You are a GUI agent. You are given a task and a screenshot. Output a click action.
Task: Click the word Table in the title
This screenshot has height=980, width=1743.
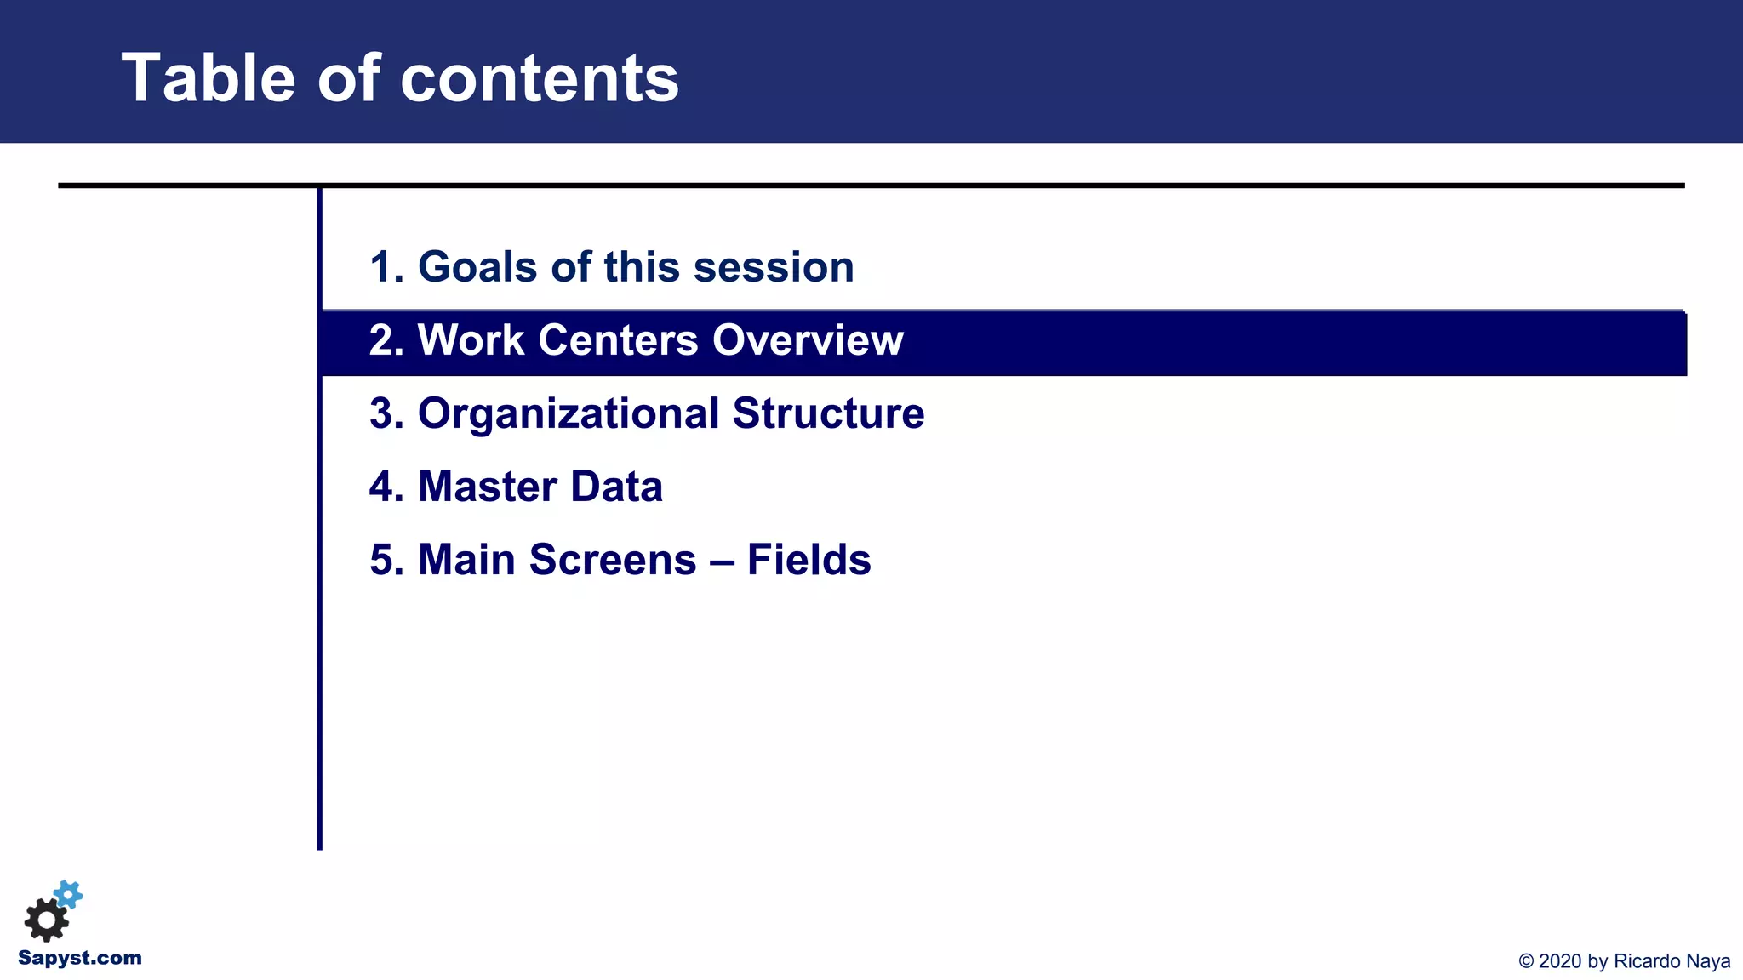click(x=209, y=78)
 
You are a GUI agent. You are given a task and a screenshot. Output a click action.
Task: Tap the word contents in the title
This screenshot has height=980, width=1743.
click(x=540, y=78)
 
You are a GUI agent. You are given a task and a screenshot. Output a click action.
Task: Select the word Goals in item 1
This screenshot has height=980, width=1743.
click(x=477, y=267)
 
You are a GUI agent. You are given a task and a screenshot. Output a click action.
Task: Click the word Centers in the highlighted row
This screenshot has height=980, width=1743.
click(x=620, y=340)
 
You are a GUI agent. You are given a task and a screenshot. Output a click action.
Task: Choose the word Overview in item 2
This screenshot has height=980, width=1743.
click(x=808, y=340)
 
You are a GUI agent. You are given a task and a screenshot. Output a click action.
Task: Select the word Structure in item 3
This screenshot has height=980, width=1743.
click(x=828, y=413)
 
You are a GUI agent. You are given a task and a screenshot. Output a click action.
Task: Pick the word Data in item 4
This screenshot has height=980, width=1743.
click(x=616, y=487)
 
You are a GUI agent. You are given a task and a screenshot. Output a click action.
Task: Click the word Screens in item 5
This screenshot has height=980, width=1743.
click(x=613, y=560)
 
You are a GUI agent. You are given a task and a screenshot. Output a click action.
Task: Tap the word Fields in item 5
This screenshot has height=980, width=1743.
click(x=809, y=560)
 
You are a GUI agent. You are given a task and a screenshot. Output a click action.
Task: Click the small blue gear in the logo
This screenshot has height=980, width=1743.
click(x=68, y=894)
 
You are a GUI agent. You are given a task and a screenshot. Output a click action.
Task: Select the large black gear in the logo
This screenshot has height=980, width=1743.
click(x=46, y=920)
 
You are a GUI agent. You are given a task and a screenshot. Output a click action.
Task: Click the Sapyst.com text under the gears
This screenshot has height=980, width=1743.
click(x=80, y=958)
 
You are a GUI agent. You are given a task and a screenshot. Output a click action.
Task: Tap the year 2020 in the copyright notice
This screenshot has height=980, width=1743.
click(x=1560, y=961)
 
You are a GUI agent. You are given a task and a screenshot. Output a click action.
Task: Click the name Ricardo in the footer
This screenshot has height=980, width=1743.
click(x=1647, y=961)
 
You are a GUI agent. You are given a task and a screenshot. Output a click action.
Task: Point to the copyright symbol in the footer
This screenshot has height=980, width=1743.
click(x=1526, y=961)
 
